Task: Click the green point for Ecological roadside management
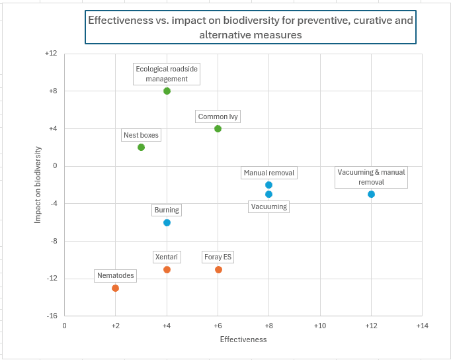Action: point(167,91)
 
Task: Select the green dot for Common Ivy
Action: point(218,128)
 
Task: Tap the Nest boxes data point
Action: point(141,147)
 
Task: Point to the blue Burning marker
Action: point(167,222)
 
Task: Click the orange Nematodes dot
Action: point(115,288)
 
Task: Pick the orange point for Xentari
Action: point(167,269)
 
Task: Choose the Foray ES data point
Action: point(218,269)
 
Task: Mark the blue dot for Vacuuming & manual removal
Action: point(371,194)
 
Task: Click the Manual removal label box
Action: point(268,173)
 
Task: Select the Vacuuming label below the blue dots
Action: point(268,206)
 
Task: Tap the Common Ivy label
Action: point(218,116)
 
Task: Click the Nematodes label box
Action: point(115,275)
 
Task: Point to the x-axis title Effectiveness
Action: point(243,339)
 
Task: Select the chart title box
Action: point(250,27)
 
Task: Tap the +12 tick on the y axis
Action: point(50,54)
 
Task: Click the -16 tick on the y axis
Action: point(51,316)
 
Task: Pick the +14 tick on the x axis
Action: point(422,326)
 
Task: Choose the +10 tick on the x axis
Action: point(320,326)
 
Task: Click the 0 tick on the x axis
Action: point(64,326)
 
